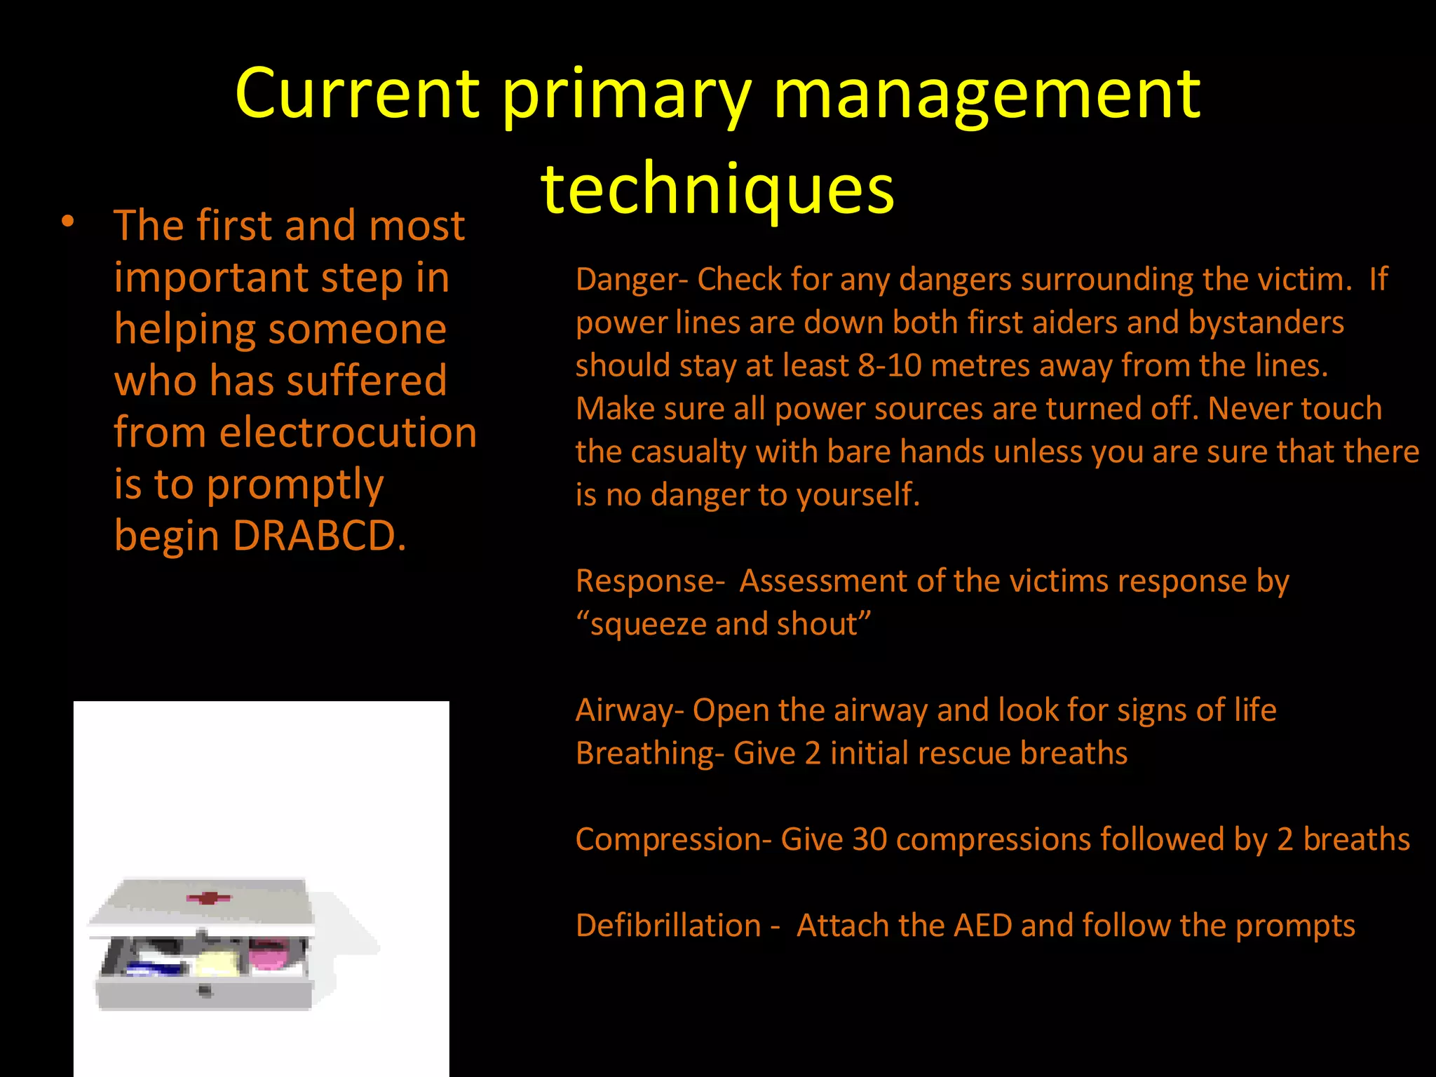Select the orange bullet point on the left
tap(67, 222)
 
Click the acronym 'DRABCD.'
tap(319, 536)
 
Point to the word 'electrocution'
tap(348, 433)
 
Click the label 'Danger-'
tap(632, 279)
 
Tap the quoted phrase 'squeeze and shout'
tap(724, 624)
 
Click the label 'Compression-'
tap(673, 840)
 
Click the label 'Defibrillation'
tap(668, 926)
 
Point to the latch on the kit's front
tap(205, 990)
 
